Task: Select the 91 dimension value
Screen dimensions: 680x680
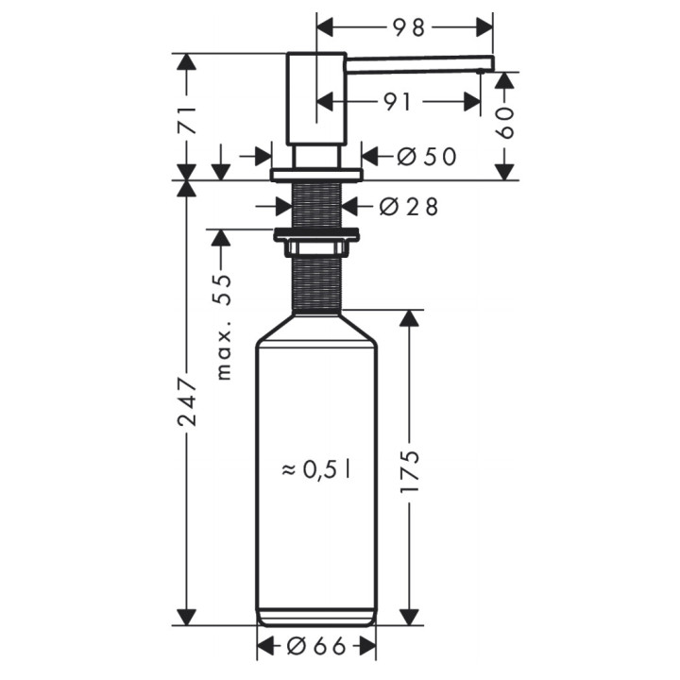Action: coord(398,101)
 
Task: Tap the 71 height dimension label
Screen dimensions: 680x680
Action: coord(187,120)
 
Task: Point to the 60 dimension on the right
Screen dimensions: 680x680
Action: coord(505,122)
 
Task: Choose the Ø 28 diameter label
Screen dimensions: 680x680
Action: coord(409,206)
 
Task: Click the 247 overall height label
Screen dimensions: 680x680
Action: coord(187,400)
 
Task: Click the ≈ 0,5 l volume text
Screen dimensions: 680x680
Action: coord(315,467)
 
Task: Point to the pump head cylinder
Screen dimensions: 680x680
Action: coord(316,98)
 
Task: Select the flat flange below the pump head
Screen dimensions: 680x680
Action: coord(316,175)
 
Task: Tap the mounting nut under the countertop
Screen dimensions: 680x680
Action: coord(316,236)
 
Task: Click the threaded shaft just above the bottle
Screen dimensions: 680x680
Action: coord(316,283)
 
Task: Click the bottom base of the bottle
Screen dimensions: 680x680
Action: coord(316,619)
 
